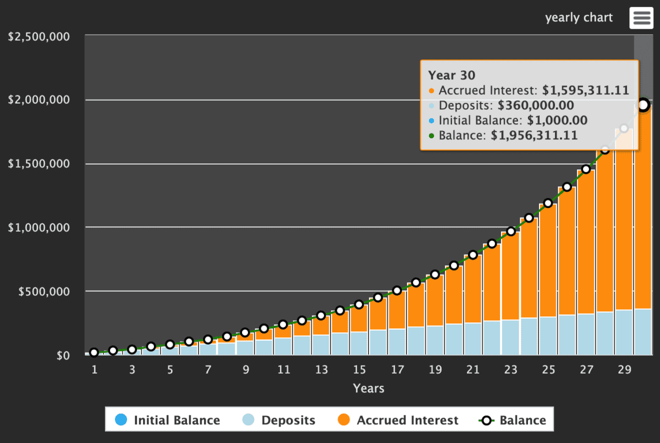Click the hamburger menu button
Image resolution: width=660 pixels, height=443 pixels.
[642, 18]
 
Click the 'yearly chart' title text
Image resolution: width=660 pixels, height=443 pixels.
[579, 18]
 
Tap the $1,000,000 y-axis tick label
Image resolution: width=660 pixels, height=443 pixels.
[38, 227]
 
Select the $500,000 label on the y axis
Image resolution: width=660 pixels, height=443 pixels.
[43, 291]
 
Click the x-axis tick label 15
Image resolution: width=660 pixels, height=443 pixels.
[359, 370]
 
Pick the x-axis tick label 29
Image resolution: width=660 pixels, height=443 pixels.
[624, 370]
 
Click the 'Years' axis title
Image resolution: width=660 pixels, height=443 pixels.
[369, 389]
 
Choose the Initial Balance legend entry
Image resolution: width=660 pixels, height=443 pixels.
[168, 420]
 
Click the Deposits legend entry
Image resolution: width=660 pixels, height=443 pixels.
[279, 420]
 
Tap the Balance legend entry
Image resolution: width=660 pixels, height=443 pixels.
[512, 420]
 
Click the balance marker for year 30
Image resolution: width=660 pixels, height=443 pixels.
[643, 105]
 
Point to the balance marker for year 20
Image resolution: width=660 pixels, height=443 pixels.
[454, 266]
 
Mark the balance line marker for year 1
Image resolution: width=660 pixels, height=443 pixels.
[94, 353]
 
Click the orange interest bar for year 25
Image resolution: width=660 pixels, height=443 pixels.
[548, 259]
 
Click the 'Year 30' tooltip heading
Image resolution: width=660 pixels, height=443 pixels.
[452, 75]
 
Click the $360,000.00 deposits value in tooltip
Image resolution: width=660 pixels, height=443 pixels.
[536, 105]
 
